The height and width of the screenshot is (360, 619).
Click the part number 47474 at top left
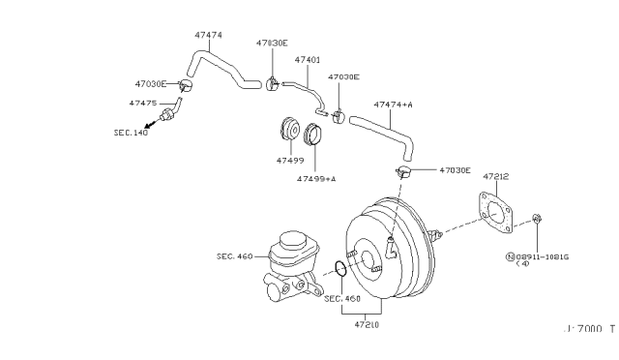(208, 35)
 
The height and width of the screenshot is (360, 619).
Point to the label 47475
(142, 102)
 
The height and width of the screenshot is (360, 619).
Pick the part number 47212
(495, 176)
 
